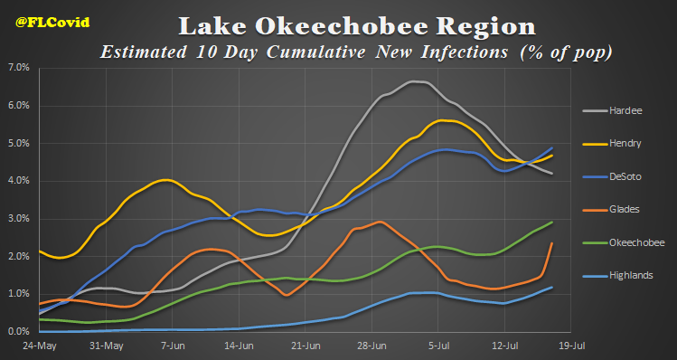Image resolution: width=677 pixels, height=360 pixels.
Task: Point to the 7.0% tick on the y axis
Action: click(x=19, y=68)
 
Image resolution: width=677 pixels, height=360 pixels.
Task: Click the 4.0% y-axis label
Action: click(x=19, y=181)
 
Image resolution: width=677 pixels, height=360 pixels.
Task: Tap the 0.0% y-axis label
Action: click(x=19, y=332)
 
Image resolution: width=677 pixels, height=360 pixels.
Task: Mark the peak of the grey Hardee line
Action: click(x=414, y=81)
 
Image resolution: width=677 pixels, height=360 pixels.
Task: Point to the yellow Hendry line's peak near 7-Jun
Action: click(x=167, y=180)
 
